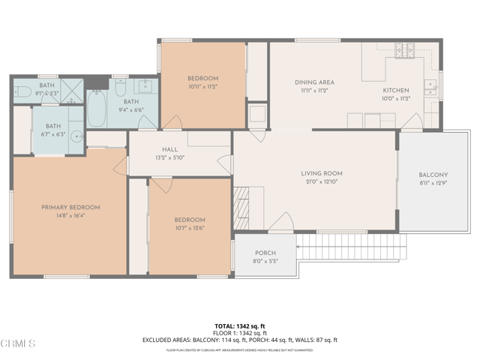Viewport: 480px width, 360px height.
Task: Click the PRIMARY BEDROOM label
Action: (70, 208)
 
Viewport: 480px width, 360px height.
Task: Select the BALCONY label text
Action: (433, 175)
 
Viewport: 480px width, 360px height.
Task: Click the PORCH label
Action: (265, 253)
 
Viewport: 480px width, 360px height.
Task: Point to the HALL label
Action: (169, 149)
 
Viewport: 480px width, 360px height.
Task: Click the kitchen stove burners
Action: (405, 51)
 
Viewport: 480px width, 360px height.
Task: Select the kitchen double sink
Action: (431, 84)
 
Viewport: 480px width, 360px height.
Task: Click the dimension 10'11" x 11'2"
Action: (202, 87)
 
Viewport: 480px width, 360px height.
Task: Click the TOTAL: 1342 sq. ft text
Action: (239, 326)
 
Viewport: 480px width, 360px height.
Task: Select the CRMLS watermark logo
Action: (18, 343)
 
